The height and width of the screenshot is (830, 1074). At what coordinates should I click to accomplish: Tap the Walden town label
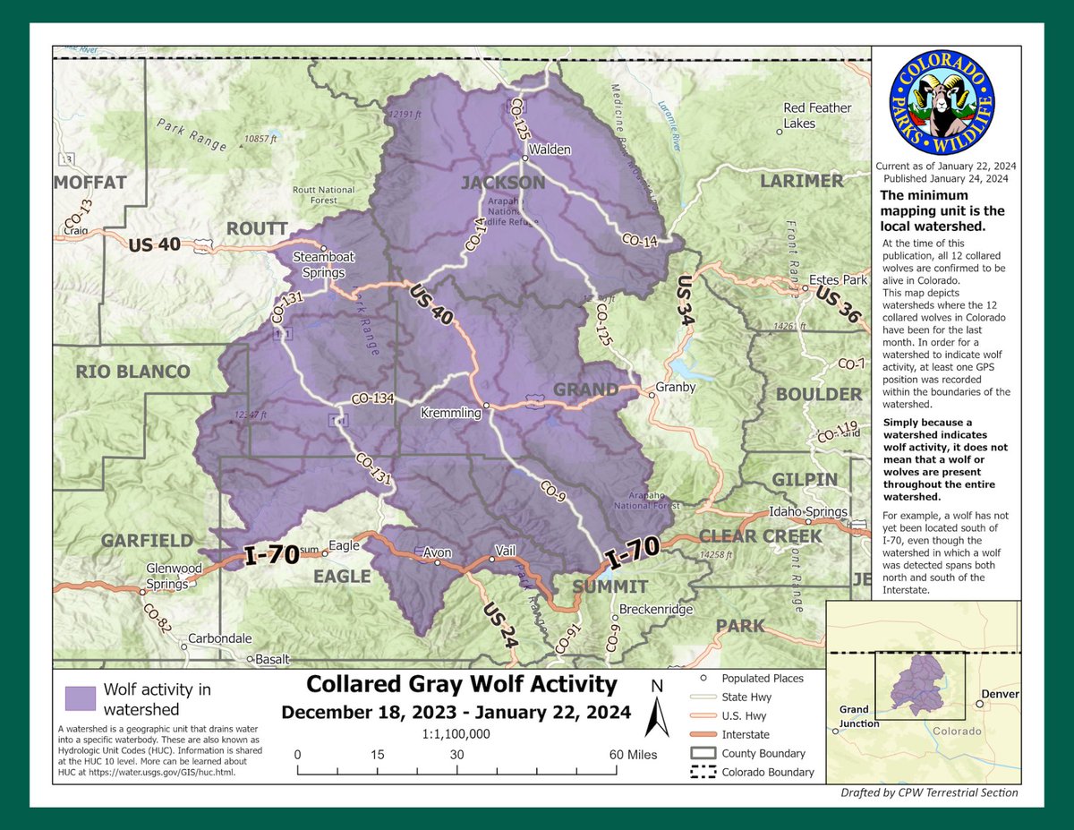(549, 150)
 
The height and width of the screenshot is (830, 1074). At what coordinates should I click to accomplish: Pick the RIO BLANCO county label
(132, 372)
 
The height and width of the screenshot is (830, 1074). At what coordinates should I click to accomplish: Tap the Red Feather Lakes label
(818, 116)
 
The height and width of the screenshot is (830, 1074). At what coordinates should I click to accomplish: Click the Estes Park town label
(838, 279)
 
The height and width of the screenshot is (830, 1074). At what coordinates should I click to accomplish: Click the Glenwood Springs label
(168, 577)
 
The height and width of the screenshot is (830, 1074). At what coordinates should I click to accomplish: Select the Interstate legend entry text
(750, 734)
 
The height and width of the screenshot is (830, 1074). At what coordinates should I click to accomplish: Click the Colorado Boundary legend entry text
(768, 772)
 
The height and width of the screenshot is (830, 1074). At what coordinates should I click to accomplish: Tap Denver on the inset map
(999, 693)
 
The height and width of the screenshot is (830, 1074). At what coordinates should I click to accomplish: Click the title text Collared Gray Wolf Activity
(461, 685)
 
